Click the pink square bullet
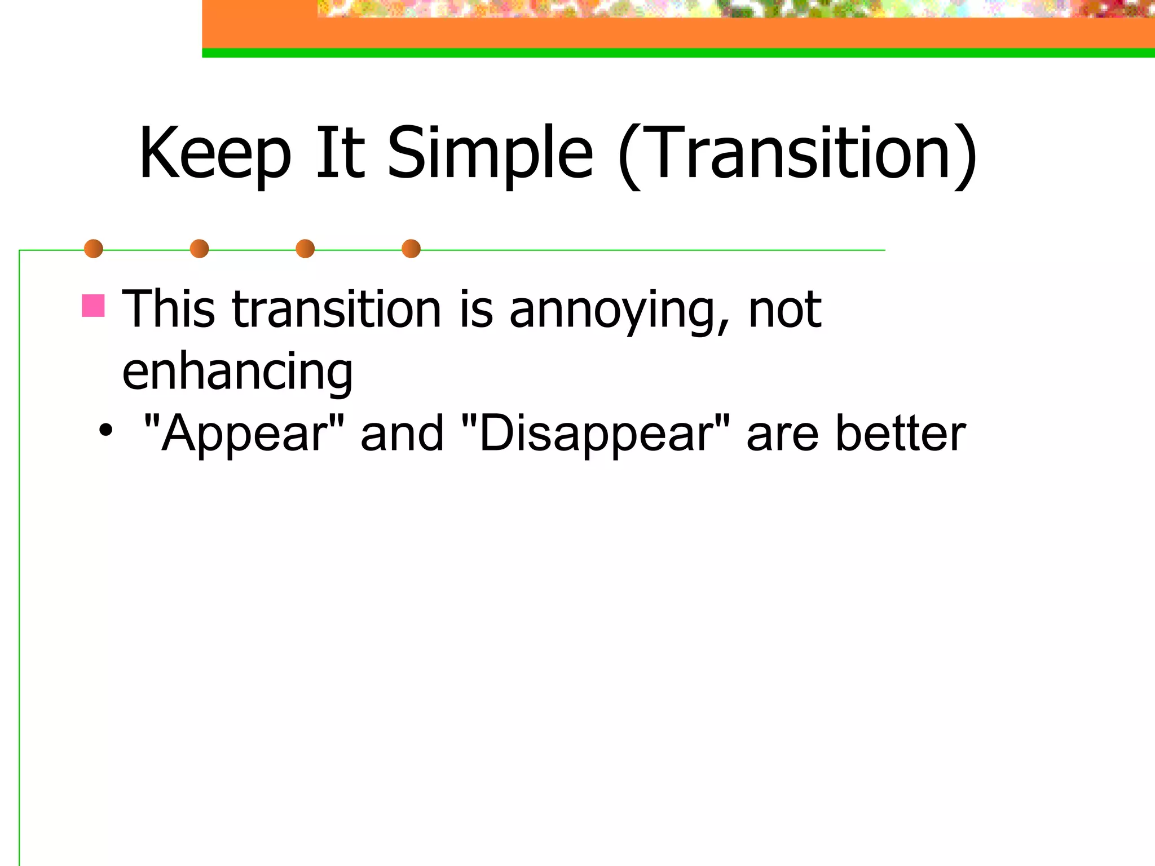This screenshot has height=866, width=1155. tap(93, 306)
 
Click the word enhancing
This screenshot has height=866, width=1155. tap(237, 372)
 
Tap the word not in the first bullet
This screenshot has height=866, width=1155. tap(784, 310)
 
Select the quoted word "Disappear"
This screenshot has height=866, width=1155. tap(596, 433)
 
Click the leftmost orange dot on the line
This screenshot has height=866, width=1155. tap(94, 249)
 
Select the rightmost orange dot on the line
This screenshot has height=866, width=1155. tap(411, 249)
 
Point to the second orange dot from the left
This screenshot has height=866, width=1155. tap(199, 249)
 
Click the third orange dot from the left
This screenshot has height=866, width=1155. tap(305, 249)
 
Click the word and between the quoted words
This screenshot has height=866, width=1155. tap(402, 433)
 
